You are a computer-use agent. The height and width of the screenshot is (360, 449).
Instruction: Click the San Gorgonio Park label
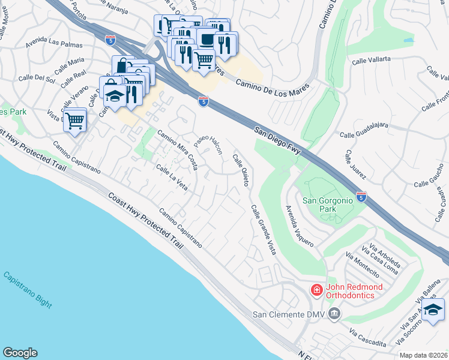pos(327,205)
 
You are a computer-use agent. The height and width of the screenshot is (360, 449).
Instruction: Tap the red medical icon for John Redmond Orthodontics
pos(316,290)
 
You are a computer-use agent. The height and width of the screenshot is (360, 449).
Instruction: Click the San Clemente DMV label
pos(288,314)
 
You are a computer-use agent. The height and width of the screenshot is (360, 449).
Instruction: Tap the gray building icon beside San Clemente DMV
pos(335,313)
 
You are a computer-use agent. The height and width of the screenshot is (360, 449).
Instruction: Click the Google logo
pos(20,353)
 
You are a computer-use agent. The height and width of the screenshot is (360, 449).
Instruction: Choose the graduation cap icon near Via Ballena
pos(432,310)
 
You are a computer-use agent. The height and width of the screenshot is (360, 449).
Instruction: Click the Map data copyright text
pos(423,355)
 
